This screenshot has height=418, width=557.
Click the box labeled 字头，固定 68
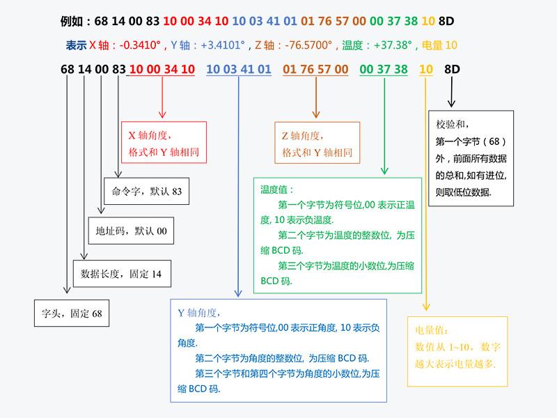tap(72, 313)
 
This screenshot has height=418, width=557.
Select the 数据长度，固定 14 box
tap(122, 274)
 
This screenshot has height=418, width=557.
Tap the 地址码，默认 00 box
tap(131, 231)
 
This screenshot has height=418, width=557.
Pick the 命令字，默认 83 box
tap(146, 191)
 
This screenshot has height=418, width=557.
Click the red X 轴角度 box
tap(164, 143)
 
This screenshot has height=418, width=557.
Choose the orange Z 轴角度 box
tap(317, 143)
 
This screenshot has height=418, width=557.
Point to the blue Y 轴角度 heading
tap(199, 313)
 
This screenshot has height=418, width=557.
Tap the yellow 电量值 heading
tap(431, 330)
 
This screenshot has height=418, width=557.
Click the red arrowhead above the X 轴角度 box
tap(162, 114)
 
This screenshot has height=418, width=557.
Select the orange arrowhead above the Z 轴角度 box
tap(316, 114)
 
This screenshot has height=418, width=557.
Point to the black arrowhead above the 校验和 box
tap(451, 103)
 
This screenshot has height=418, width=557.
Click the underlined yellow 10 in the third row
tap(426, 69)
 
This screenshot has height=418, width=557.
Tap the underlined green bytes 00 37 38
tap(384, 69)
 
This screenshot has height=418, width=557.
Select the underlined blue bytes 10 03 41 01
tap(239, 69)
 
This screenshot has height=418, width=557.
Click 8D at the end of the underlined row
tap(452, 69)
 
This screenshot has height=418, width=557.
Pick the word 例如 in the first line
tap(72, 22)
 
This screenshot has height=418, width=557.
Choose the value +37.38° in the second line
tap(393, 45)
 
